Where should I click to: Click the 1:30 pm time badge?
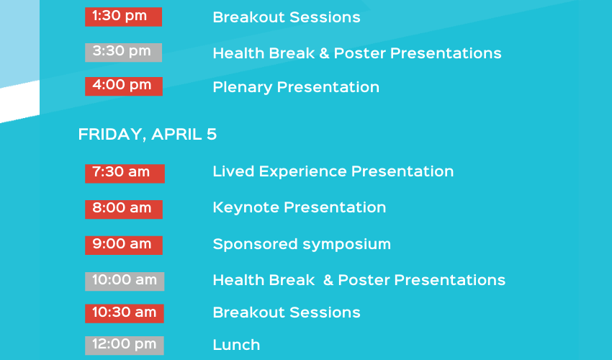pos(123,17)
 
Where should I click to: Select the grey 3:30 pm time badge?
pos(123,53)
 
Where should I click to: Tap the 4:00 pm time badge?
pos(124,86)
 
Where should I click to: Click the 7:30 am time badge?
pos(125,174)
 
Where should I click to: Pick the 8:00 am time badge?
pos(124,210)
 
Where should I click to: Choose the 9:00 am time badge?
pos(124,246)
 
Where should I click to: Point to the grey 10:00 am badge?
pos(125,281)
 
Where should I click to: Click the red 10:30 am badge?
pos(125,313)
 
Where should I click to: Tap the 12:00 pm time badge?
pos(125,346)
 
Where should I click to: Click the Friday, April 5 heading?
pos(148,135)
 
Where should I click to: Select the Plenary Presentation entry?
pos(296,87)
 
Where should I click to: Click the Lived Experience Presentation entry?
pos(333,172)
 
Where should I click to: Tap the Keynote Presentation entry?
pos(300,208)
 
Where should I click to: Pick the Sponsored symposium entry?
pos(302,244)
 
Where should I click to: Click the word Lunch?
pos(237,345)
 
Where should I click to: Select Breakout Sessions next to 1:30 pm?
pos(287,17)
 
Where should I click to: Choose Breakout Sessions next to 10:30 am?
pos(287,312)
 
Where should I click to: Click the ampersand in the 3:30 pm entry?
pos(324,53)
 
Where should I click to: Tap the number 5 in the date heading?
pos(212,135)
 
